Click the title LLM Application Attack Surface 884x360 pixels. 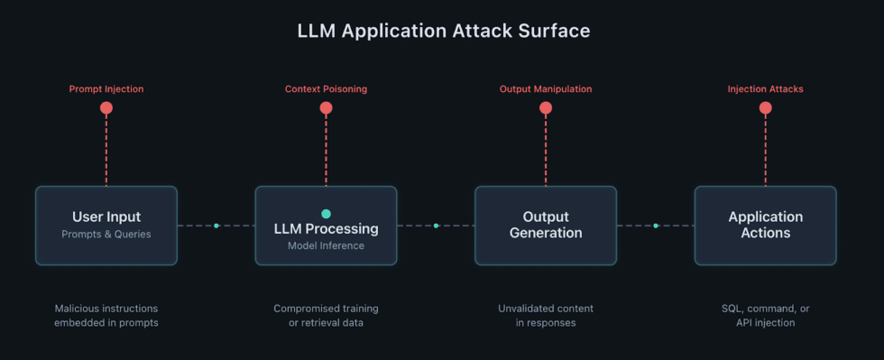click(x=444, y=31)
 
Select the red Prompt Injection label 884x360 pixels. click(x=106, y=89)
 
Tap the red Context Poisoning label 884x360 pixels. click(x=326, y=89)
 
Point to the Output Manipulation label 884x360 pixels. click(x=546, y=89)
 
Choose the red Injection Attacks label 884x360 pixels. click(x=765, y=89)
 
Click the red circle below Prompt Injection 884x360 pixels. click(x=106, y=108)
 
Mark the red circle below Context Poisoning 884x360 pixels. click(x=326, y=108)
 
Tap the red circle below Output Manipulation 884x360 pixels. click(x=546, y=108)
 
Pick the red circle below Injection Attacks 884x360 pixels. click(x=765, y=108)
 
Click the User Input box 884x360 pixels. click(x=106, y=226)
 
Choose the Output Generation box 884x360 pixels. click(x=546, y=226)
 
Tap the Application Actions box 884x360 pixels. click(x=765, y=226)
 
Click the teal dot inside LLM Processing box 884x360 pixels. click(x=326, y=214)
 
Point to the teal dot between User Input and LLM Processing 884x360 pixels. click(x=216, y=226)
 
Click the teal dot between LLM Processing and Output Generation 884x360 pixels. click(x=436, y=226)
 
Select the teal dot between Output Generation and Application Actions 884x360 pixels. click(x=656, y=226)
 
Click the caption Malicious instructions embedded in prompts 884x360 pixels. click(x=106, y=316)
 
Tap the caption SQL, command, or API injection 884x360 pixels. click(x=765, y=316)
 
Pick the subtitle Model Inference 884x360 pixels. click(x=326, y=245)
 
